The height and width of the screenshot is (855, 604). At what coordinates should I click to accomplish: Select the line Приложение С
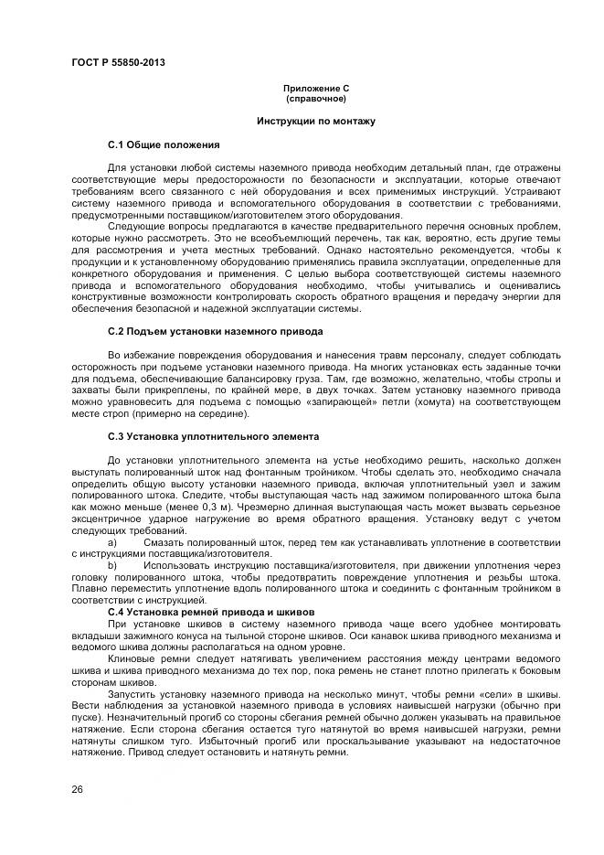point(315,88)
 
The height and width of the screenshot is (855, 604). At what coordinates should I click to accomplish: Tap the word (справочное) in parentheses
point(315,98)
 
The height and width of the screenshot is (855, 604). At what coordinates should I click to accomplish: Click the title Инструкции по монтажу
point(315,121)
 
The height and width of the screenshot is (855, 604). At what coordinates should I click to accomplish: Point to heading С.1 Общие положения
point(164,144)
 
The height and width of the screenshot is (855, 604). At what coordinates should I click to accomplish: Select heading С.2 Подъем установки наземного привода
point(215,330)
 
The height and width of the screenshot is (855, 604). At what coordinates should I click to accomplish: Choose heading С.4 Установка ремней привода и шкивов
point(211,611)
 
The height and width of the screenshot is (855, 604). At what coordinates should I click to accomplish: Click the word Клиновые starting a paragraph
point(129,657)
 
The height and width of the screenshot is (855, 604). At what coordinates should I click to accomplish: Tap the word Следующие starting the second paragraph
point(132,225)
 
